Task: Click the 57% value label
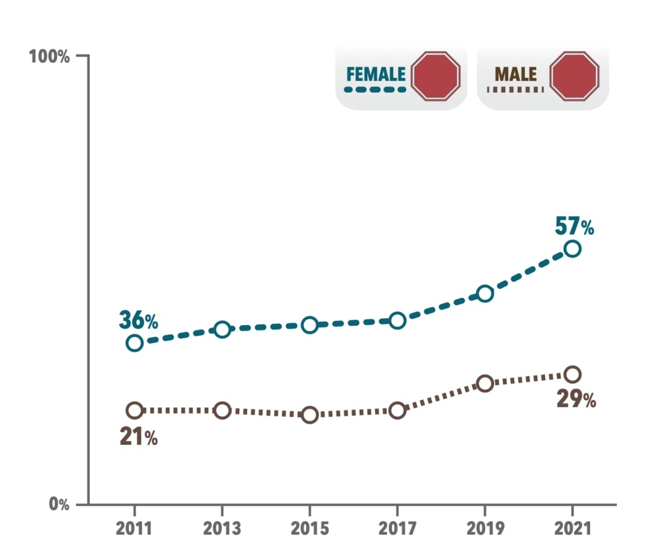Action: (574, 226)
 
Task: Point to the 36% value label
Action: (138, 320)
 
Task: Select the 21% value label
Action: (139, 437)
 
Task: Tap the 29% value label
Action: (576, 399)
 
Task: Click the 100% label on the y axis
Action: (49, 57)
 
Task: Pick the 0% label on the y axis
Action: (59, 504)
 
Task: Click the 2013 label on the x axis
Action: (222, 529)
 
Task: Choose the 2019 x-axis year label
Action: (485, 529)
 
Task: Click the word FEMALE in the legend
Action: (376, 74)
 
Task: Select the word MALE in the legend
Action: (515, 74)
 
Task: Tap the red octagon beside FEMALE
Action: (436, 76)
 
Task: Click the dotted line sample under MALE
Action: (515, 89)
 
